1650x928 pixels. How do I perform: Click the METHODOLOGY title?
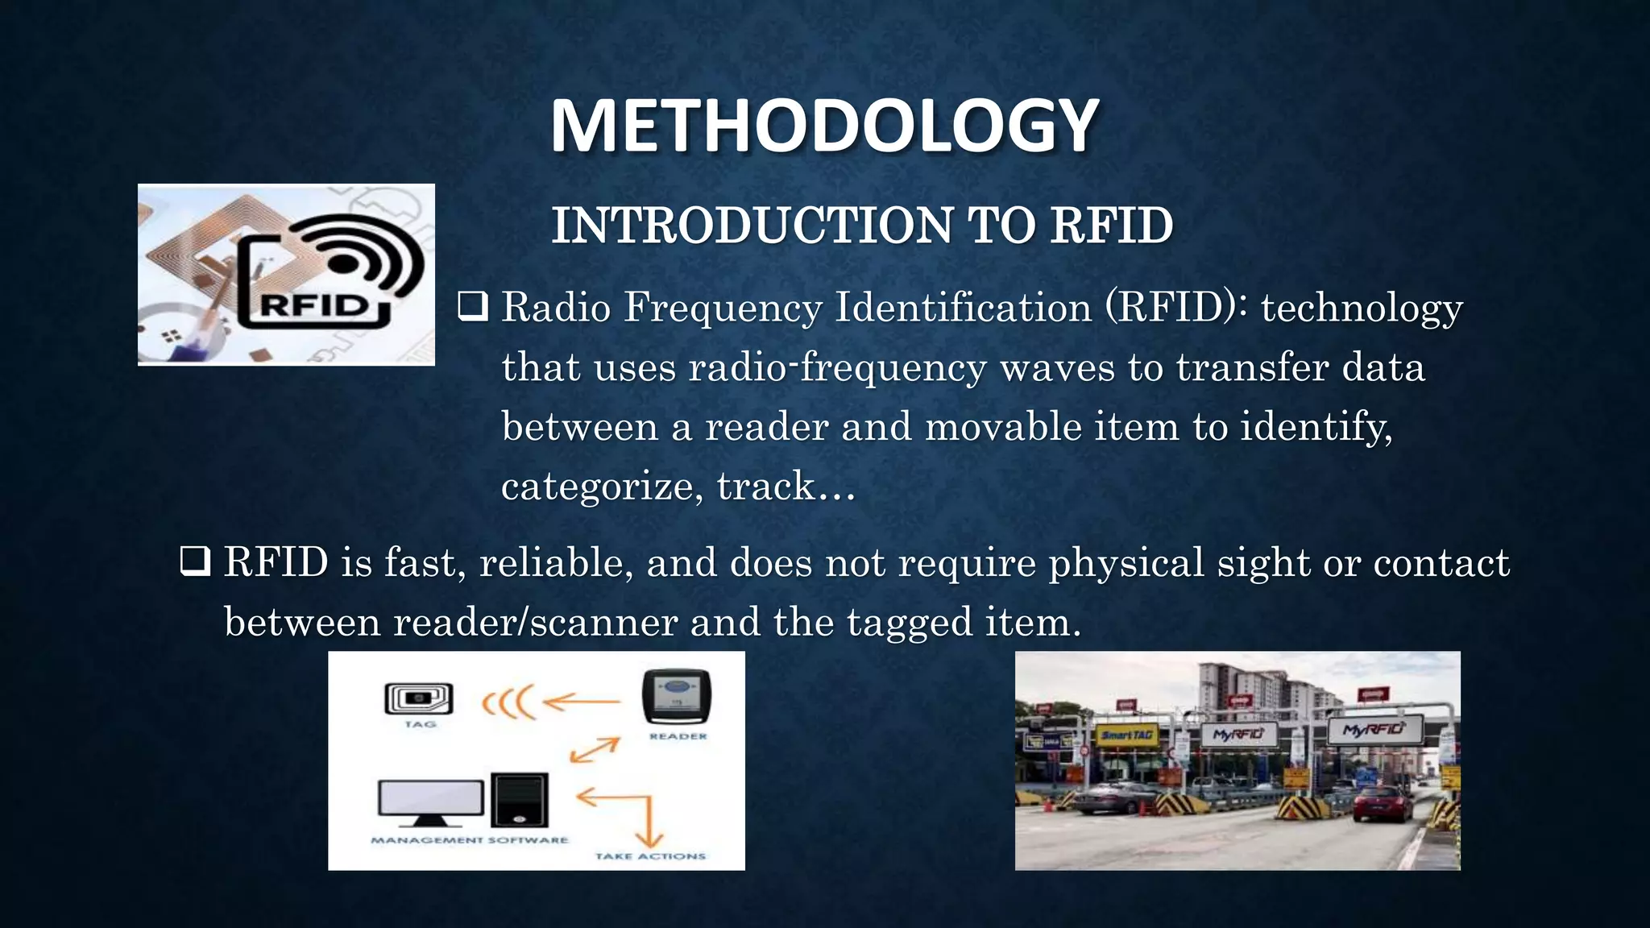pos(824,126)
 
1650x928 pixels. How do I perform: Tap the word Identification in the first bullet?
pos(963,308)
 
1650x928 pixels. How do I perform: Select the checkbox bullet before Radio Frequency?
pos(473,307)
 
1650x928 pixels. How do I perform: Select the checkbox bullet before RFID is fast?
pos(196,561)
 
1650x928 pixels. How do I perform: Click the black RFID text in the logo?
pos(315,306)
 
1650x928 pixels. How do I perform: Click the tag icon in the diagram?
pos(419,698)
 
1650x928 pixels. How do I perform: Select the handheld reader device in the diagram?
pos(677,697)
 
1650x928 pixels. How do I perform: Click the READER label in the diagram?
pos(678,736)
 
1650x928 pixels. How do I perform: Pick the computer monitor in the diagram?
pos(431,802)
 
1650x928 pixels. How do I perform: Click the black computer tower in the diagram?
pos(520,800)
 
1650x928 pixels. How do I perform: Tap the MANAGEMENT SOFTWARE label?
pos(469,840)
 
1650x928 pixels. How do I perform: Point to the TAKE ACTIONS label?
pos(650,856)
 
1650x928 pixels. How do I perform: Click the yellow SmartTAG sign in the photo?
pos(1127,735)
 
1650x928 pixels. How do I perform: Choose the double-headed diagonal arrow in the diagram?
pos(595,750)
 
